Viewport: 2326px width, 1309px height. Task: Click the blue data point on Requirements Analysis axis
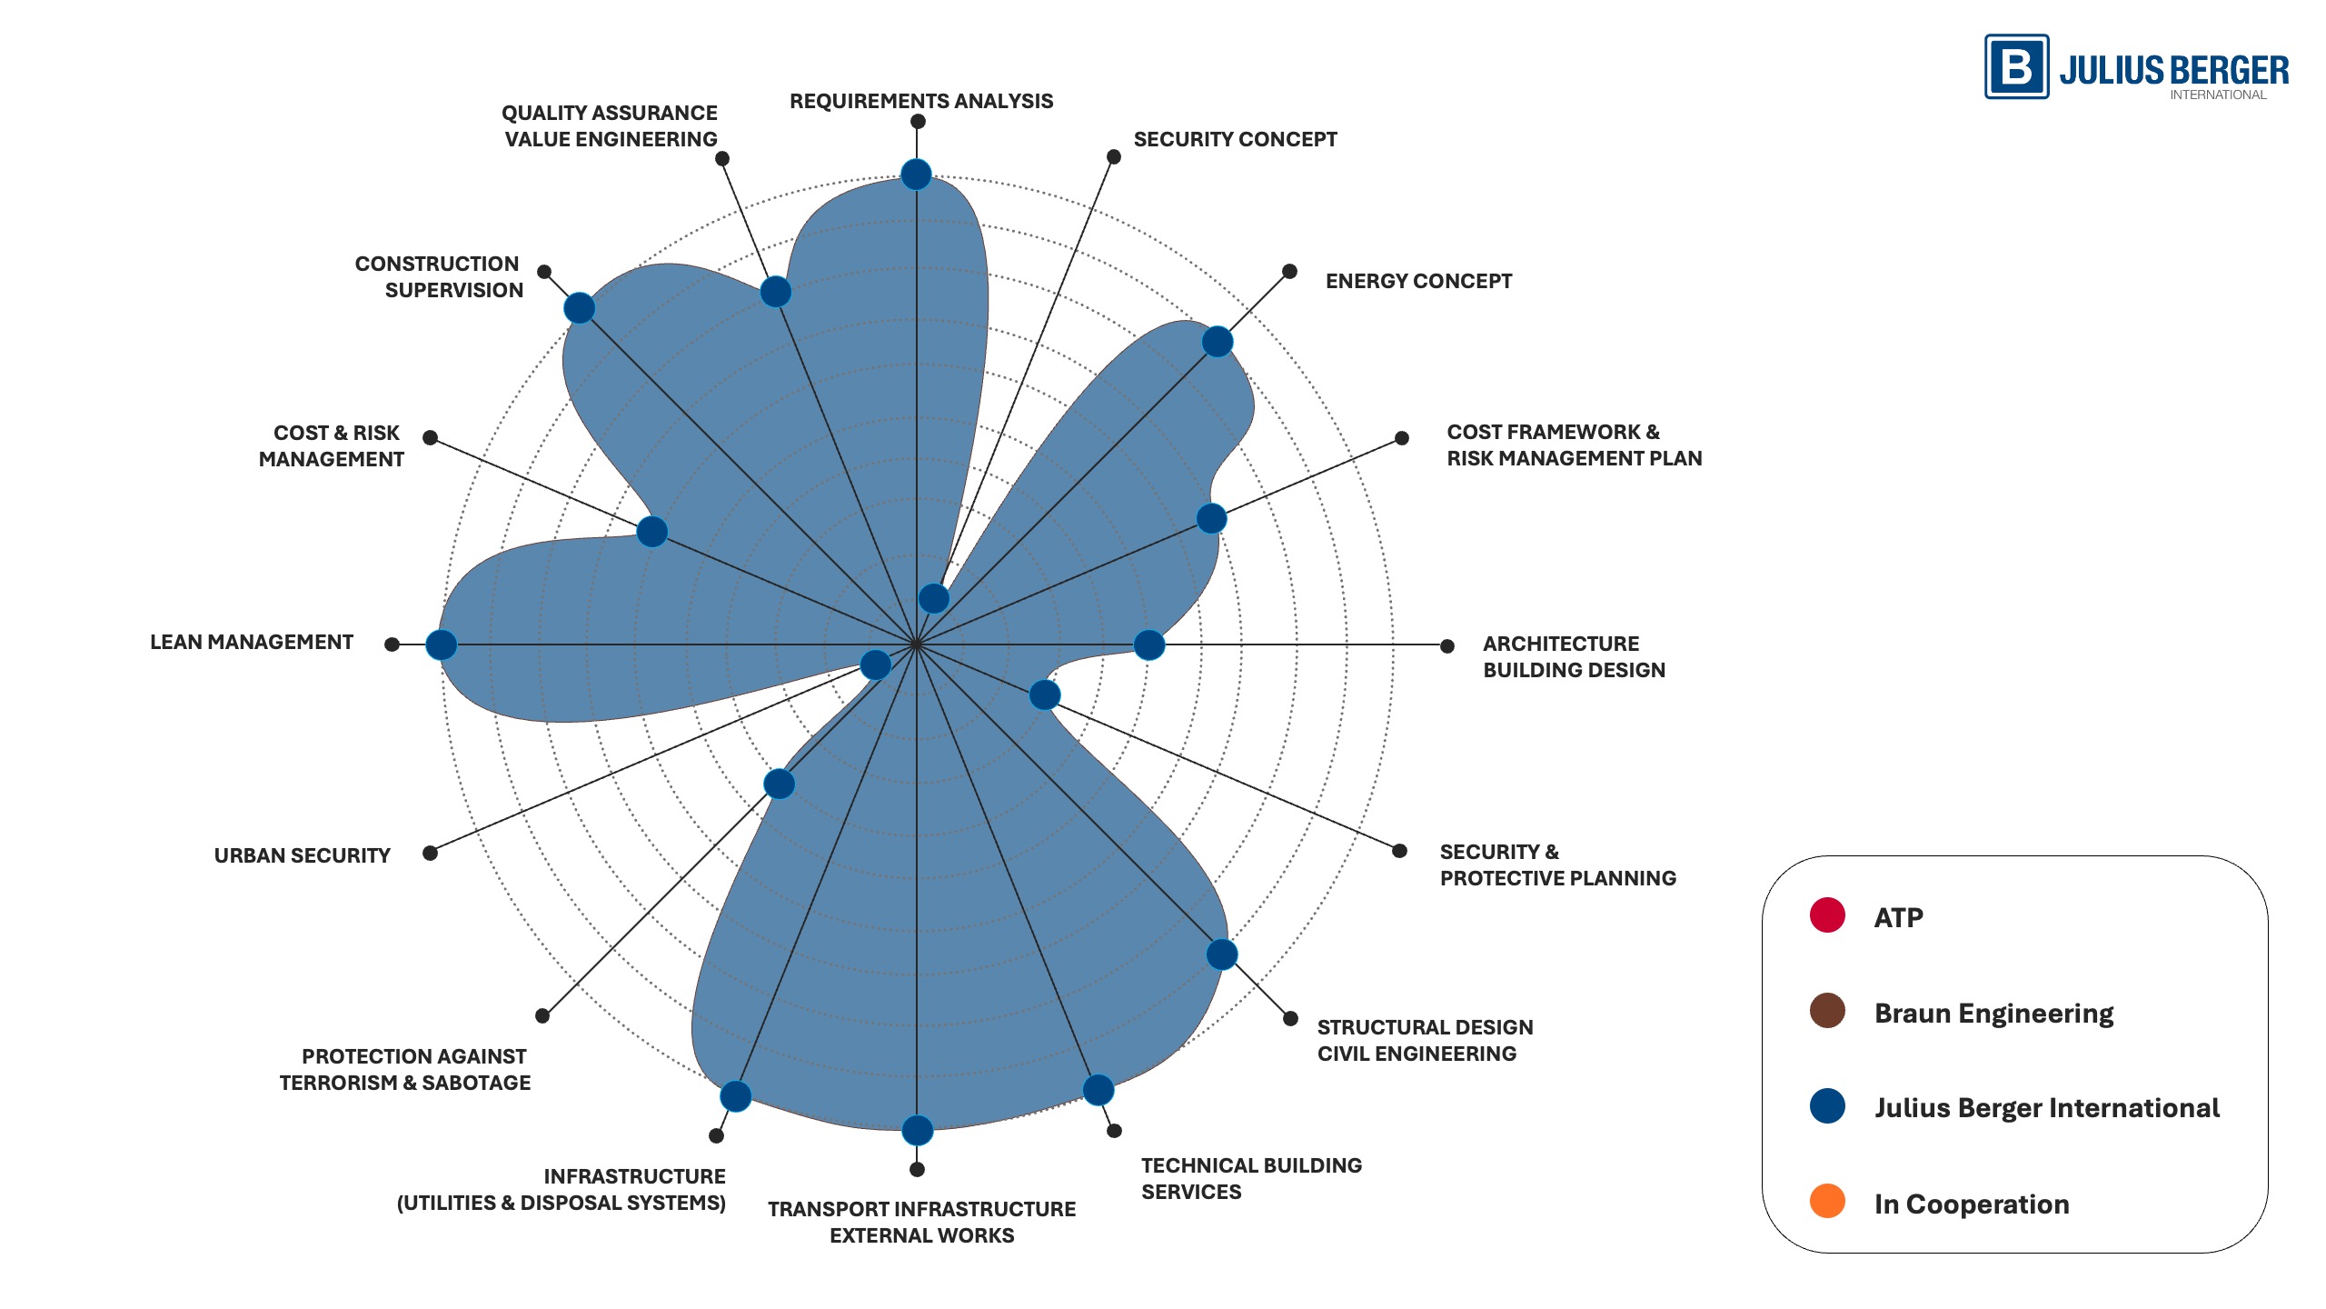(916, 174)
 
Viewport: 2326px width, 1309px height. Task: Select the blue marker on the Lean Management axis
(442, 645)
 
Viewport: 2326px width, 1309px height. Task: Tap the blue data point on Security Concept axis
(934, 598)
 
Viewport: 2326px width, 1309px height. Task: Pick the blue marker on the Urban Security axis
(875, 664)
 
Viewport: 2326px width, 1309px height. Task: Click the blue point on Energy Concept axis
(1218, 342)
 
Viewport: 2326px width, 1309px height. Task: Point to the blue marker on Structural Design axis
(1222, 954)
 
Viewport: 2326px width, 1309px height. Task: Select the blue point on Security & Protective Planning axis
(1045, 695)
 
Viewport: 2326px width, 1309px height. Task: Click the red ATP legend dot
(1827, 915)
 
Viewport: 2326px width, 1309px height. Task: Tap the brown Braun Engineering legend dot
(1827, 1011)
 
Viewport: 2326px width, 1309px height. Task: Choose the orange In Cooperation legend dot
(1827, 1201)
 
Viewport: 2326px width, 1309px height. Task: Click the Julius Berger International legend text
(2047, 1108)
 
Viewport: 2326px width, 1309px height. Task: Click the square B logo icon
(2016, 66)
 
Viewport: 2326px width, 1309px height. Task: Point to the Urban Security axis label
(302, 855)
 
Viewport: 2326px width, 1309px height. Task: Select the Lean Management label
(251, 643)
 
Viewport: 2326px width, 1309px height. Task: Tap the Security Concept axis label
(1235, 139)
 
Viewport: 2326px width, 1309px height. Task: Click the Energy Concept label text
(1418, 281)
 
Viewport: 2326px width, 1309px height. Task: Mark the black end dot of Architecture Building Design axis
(1447, 646)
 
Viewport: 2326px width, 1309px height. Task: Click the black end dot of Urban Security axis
(430, 853)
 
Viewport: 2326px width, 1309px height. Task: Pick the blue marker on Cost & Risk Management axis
(652, 532)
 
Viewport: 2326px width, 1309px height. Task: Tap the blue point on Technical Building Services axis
(1098, 1089)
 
